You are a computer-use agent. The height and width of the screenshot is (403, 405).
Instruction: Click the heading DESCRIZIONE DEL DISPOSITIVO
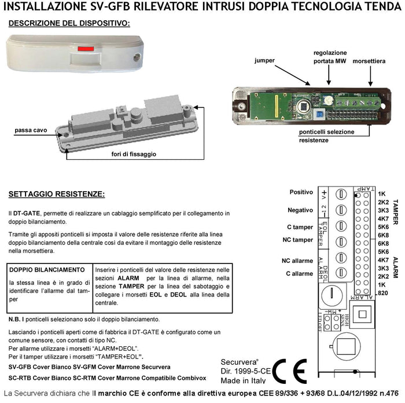69,23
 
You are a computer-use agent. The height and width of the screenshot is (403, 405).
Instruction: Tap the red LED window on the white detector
85,49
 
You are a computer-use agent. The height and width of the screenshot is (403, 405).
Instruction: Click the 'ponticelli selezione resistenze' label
316,136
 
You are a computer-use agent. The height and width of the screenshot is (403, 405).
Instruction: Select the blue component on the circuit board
319,115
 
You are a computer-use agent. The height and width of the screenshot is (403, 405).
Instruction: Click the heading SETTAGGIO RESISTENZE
57,193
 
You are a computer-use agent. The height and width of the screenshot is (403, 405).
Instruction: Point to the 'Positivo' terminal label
301,192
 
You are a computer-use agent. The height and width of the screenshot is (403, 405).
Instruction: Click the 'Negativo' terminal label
300,210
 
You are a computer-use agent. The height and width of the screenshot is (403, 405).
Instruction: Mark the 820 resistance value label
382,293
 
